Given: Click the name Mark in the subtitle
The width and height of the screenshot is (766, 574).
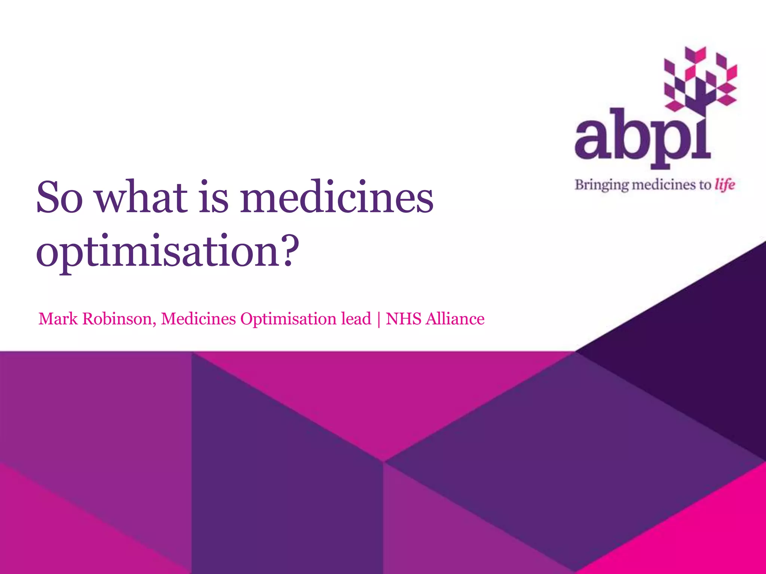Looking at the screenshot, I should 58,319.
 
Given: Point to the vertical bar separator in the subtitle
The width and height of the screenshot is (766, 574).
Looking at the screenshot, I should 379,319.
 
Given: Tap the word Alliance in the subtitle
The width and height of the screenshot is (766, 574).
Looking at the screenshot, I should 455,319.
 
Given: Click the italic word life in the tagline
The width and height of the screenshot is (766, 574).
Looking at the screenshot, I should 725,185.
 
